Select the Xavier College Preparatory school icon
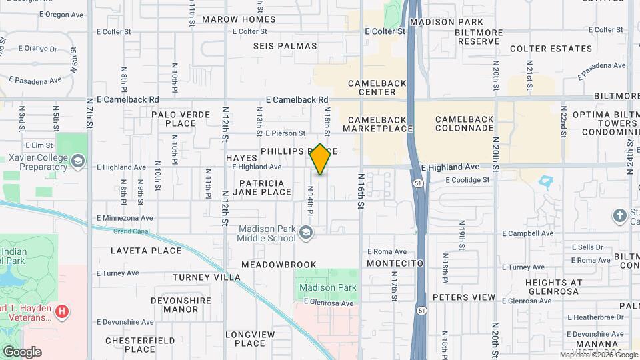pos(78,161)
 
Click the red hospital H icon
pos(62,311)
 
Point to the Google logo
pos(22,352)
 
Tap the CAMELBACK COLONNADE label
pos(465,124)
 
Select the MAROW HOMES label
pos(239,19)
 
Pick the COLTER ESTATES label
pos(551,49)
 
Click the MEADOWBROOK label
pos(279,265)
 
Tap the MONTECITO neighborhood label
pos(395,263)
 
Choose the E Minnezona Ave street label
pos(125,217)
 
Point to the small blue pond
pos(547,181)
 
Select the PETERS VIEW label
pos(464,297)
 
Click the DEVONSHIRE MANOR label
pos(175,305)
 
